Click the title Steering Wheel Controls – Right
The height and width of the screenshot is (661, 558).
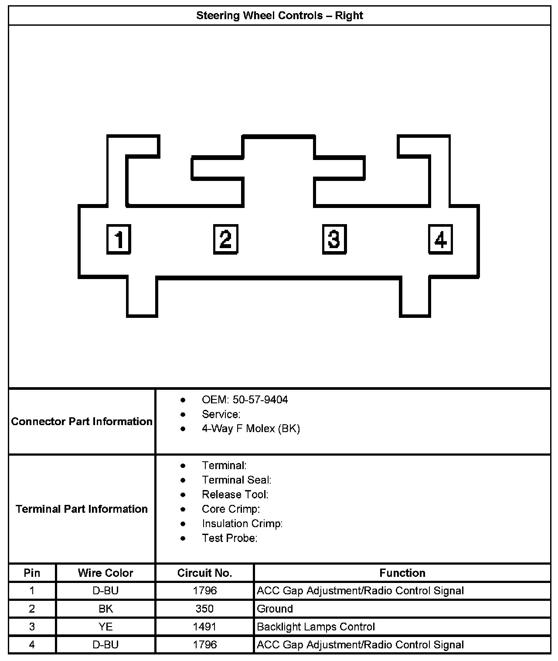click(x=279, y=16)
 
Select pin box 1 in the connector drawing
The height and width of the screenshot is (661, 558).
click(x=119, y=239)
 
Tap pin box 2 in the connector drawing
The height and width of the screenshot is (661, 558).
click(x=225, y=239)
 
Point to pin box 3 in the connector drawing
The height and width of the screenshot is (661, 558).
click(x=334, y=239)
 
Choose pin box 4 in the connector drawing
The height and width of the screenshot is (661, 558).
click(x=440, y=239)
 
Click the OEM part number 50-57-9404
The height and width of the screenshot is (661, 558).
click(x=260, y=400)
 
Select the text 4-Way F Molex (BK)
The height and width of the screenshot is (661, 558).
click(x=251, y=429)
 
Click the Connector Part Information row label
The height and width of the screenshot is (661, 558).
click(x=82, y=422)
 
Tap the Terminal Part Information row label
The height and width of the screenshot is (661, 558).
click(x=82, y=509)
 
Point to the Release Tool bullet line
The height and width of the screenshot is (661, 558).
click(x=235, y=494)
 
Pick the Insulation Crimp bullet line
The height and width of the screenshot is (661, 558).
click(x=242, y=523)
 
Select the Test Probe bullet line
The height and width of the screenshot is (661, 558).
click(x=229, y=538)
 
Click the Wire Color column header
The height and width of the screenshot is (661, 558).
click(x=105, y=573)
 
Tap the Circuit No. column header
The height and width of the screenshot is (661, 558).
click(x=204, y=573)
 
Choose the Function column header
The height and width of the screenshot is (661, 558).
click(x=402, y=573)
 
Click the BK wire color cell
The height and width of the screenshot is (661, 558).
click(x=105, y=609)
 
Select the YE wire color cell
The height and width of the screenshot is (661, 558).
click(x=105, y=627)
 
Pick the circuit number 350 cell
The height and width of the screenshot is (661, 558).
click(x=204, y=609)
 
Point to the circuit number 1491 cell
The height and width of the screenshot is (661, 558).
click(x=204, y=627)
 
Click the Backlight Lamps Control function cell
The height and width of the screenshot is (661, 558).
click(x=316, y=627)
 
